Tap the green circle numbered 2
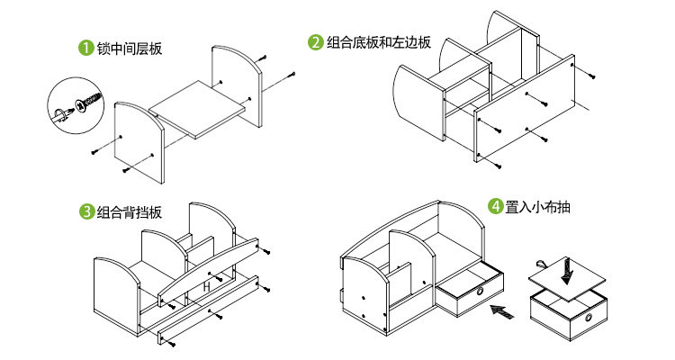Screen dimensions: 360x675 click(315, 41)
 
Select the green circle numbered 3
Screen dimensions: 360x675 click(85, 212)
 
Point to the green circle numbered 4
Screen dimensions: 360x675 click(495, 206)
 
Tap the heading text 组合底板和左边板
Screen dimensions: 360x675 click(378, 41)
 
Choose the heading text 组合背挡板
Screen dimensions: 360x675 click(129, 212)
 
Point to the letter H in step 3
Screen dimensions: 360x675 click(206, 285)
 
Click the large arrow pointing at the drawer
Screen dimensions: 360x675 click(502, 313)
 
